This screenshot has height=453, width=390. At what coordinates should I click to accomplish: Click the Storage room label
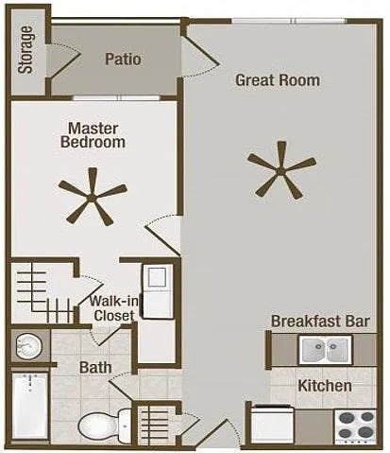(x=25, y=50)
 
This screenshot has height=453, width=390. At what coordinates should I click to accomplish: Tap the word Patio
(x=123, y=60)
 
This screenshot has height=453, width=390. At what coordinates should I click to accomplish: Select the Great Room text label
(x=278, y=80)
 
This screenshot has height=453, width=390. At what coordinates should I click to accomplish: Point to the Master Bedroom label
(x=93, y=135)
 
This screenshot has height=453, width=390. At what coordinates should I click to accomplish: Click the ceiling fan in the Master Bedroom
(x=93, y=197)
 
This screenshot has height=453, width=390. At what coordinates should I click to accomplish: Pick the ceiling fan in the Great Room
(x=281, y=170)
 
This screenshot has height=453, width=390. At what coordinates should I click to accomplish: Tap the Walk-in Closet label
(x=114, y=308)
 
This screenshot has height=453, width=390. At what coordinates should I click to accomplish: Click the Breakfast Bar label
(x=320, y=321)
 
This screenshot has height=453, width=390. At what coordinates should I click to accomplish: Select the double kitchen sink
(x=326, y=350)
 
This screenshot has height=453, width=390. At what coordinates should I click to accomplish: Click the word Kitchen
(x=325, y=386)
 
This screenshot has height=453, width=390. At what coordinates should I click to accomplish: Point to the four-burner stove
(x=355, y=427)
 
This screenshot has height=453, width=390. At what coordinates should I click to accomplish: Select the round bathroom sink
(x=28, y=347)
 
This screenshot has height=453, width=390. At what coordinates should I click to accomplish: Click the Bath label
(x=95, y=368)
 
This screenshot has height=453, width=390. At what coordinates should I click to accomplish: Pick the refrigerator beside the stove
(x=273, y=425)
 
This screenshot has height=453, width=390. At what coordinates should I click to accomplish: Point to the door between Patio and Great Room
(x=200, y=56)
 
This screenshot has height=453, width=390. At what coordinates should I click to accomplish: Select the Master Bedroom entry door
(x=162, y=235)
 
